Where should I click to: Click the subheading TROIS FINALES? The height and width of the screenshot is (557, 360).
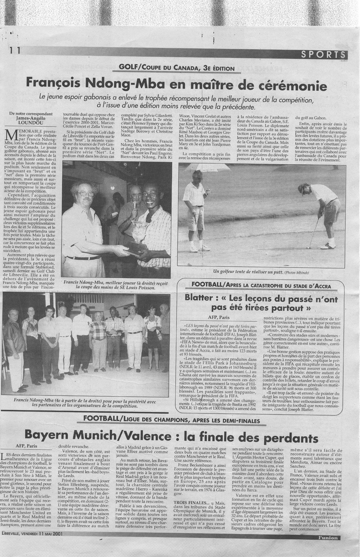pos(188,513)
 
